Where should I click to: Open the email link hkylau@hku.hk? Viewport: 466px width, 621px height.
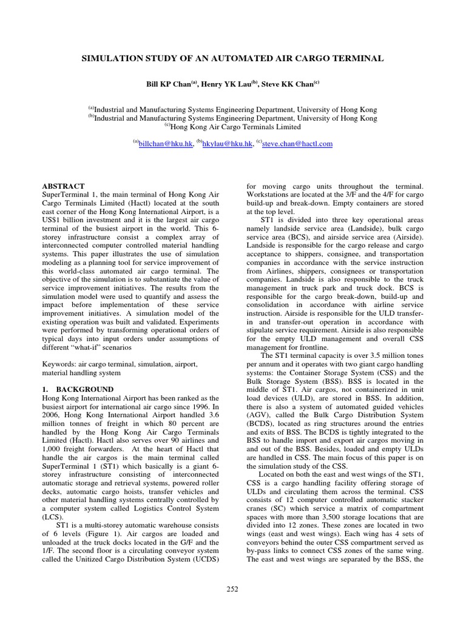coord(223,144)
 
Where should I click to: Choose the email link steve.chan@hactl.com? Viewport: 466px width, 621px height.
coord(297,144)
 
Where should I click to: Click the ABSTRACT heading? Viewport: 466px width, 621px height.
coord(63,186)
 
